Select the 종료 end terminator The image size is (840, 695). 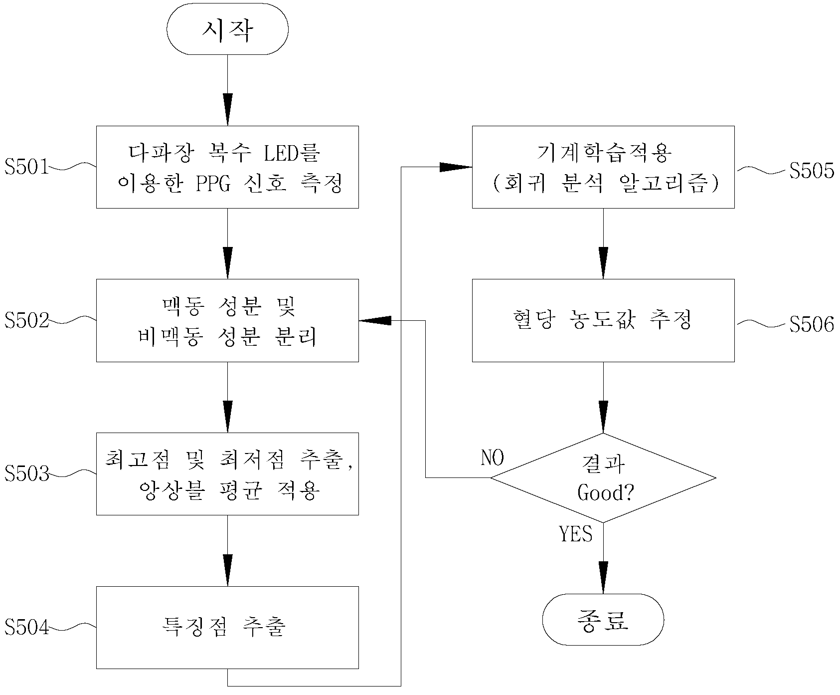coord(603,620)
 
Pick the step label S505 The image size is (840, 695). coord(812,171)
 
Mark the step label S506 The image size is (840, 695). coord(812,324)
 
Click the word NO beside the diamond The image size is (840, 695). coord(493,458)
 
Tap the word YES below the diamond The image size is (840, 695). coord(576,534)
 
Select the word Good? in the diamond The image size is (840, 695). coord(606,493)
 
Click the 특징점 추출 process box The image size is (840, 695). coord(227,627)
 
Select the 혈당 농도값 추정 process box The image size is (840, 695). coord(603,320)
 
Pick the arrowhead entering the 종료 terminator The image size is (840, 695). coord(603,578)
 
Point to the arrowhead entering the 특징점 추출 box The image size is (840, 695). coord(227,570)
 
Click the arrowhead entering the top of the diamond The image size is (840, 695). coord(603,417)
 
